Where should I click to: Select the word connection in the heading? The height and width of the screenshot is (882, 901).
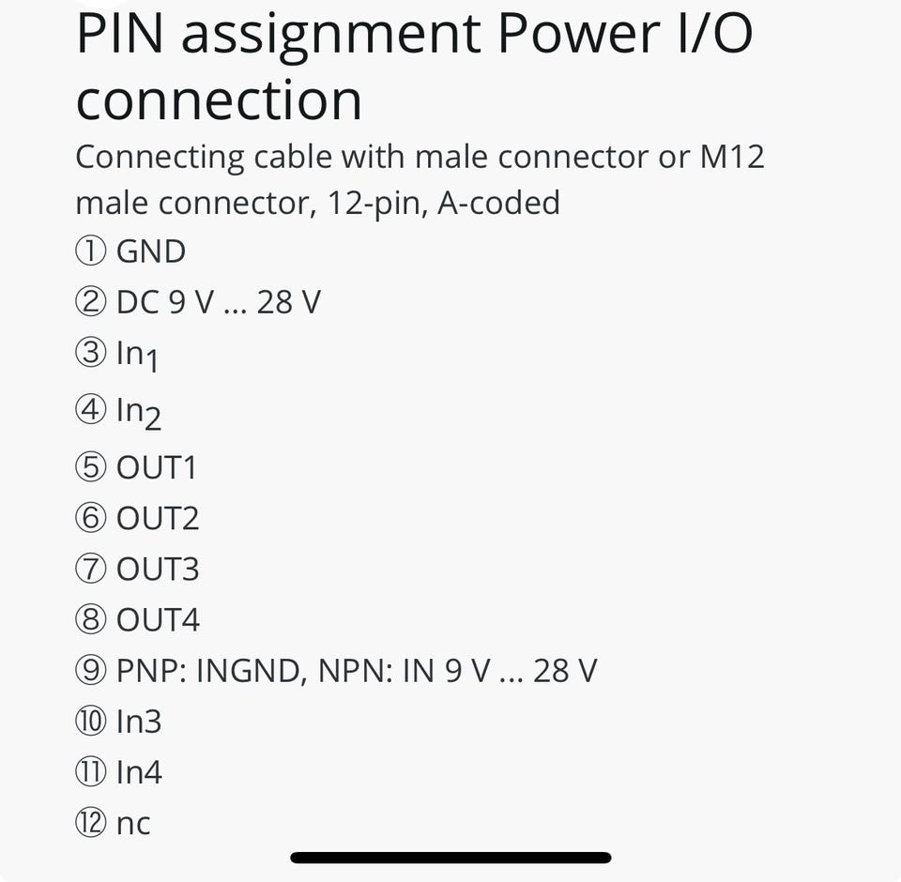219,99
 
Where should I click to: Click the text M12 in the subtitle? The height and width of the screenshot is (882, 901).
732,157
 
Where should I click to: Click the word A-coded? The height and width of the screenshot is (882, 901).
498,202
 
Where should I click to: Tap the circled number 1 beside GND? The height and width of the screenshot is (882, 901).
90,251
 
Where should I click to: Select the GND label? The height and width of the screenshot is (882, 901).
151,251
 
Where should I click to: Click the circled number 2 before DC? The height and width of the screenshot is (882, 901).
90,302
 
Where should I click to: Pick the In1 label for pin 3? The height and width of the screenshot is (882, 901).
137,355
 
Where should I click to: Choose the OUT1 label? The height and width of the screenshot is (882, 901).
157,467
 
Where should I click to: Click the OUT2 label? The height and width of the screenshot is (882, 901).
158,518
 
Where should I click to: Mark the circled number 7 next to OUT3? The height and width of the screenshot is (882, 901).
90,569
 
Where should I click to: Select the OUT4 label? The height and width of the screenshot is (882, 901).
158,619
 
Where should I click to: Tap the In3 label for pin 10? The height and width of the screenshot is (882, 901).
139,722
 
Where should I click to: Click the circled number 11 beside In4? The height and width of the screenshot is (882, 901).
90,772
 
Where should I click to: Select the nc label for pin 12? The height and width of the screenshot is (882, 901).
133,824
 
